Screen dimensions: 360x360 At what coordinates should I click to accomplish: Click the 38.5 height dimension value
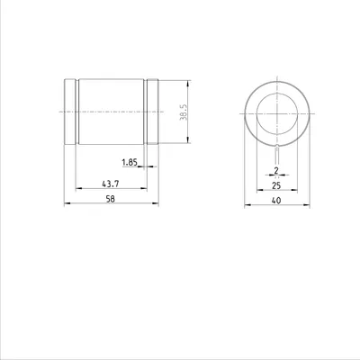click(x=184, y=112)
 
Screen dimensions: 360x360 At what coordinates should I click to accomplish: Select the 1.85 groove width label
click(x=130, y=163)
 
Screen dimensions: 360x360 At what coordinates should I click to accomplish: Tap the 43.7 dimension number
click(x=111, y=184)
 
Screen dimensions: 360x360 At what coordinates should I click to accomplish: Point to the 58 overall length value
click(x=111, y=199)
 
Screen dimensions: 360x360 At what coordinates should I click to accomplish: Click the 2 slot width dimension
click(x=276, y=171)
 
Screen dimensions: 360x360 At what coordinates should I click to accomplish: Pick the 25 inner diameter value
click(x=276, y=185)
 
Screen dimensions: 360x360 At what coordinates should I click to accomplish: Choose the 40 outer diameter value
click(x=276, y=201)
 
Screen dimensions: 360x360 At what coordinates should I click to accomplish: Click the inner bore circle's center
click(x=277, y=113)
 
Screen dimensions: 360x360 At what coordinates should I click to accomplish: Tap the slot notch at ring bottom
click(x=277, y=146)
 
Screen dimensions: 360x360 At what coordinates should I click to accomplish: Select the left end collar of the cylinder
click(x=70, y=112)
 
